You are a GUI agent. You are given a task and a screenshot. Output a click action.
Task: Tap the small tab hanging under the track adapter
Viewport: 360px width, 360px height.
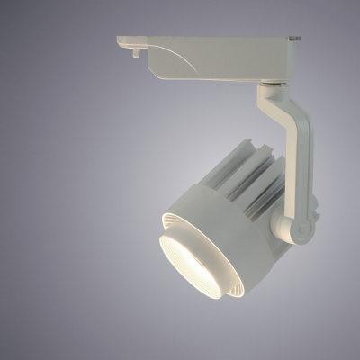(136, 52)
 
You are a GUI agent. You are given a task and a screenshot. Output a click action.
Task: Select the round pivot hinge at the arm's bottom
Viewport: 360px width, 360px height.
(302, 229)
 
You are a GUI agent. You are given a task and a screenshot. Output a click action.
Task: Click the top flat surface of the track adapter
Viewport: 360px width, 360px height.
(207, 39)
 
